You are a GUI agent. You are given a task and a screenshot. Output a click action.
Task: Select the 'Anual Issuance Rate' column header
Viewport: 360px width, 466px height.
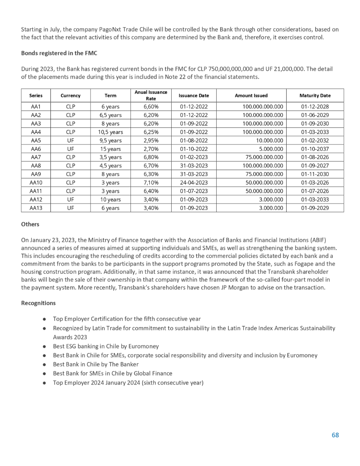[151, 95]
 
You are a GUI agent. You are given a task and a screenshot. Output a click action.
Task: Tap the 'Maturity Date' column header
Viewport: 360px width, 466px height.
[315, 95]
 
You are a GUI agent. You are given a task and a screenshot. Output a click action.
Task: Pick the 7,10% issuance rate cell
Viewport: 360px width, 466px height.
[151, 183]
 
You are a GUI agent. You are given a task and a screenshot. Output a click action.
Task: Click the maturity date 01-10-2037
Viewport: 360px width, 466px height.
[315, 149]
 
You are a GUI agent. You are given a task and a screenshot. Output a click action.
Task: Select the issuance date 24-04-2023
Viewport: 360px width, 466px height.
[194, 183]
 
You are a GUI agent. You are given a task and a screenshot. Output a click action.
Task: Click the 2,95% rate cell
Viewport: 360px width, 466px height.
[151, 140]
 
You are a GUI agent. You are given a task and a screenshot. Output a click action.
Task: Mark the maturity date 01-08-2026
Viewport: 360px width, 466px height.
[315, 157]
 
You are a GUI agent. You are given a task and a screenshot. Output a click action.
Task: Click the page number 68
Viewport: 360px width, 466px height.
[335, 435]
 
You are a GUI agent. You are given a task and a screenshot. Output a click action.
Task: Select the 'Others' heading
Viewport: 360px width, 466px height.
[30, 224]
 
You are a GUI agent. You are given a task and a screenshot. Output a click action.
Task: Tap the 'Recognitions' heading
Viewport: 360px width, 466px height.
[38, 303]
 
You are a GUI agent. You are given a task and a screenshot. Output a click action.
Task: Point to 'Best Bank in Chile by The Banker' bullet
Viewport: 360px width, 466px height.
[96, 364]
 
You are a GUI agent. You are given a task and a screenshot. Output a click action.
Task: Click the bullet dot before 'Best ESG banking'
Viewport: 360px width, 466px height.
[45, 346]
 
